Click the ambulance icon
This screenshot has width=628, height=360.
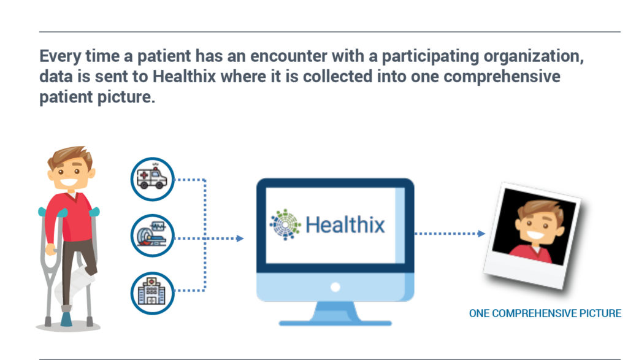[152, 179]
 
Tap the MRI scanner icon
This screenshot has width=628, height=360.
[152, 236]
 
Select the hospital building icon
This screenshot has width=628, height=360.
[152, 293]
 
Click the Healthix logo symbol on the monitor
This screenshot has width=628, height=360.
[285, 224]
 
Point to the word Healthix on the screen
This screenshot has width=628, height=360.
[345, 224]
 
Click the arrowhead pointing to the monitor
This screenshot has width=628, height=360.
[240, 239]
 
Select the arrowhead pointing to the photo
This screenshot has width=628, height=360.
[481, 233]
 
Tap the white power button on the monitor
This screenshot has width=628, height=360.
[335, 287]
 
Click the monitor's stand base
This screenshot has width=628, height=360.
[335, 323]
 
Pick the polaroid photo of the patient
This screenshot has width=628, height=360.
[533, 236]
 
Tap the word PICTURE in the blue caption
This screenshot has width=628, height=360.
[600, 313]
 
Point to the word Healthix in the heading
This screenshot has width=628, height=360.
[184, 76]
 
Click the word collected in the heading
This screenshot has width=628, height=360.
[338, 76]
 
